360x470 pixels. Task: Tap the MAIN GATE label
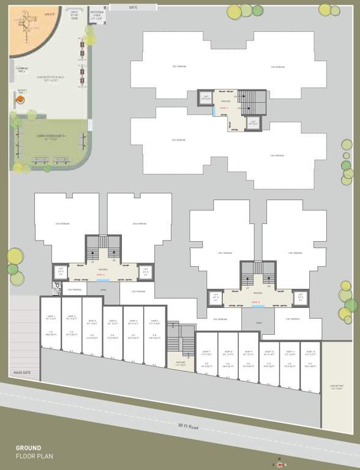click(22, 373)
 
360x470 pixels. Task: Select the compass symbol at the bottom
click(280, 463)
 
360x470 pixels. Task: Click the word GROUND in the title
click(28, 448)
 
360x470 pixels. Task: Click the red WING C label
click(223, 108)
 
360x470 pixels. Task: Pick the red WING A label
click(101, 276)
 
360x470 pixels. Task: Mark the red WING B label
click(257, 302)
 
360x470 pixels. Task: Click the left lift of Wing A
click(61, 271)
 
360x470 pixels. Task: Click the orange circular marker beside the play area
click(31, 114)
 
